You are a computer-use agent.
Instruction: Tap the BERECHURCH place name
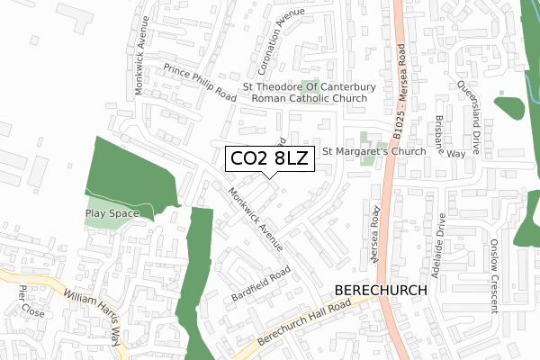[x=383, y=291]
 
